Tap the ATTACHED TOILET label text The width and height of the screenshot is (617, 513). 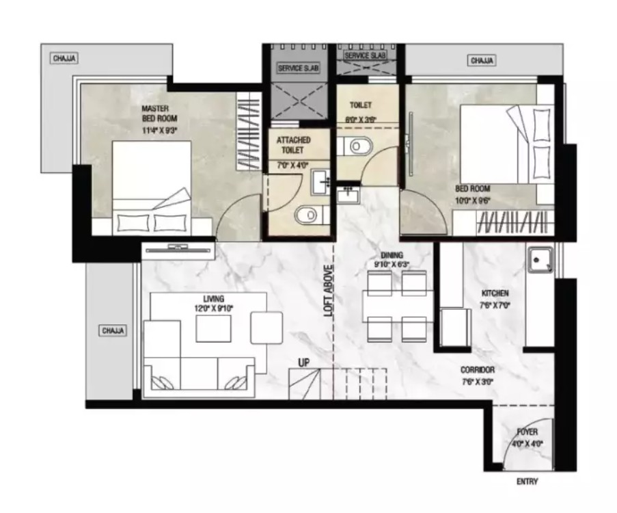(293, 145)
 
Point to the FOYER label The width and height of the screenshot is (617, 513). (527, 432)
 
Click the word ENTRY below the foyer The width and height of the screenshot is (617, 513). (527, 482)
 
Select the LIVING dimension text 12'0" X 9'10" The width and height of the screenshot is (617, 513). (214, 308)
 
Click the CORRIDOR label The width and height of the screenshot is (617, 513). (478, 370)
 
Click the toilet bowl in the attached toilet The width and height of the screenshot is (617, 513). (309, 216)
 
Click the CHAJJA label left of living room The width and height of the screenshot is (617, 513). (113, 330)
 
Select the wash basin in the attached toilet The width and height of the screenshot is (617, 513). (321, 182)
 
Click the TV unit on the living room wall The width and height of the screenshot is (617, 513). (179, 250)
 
